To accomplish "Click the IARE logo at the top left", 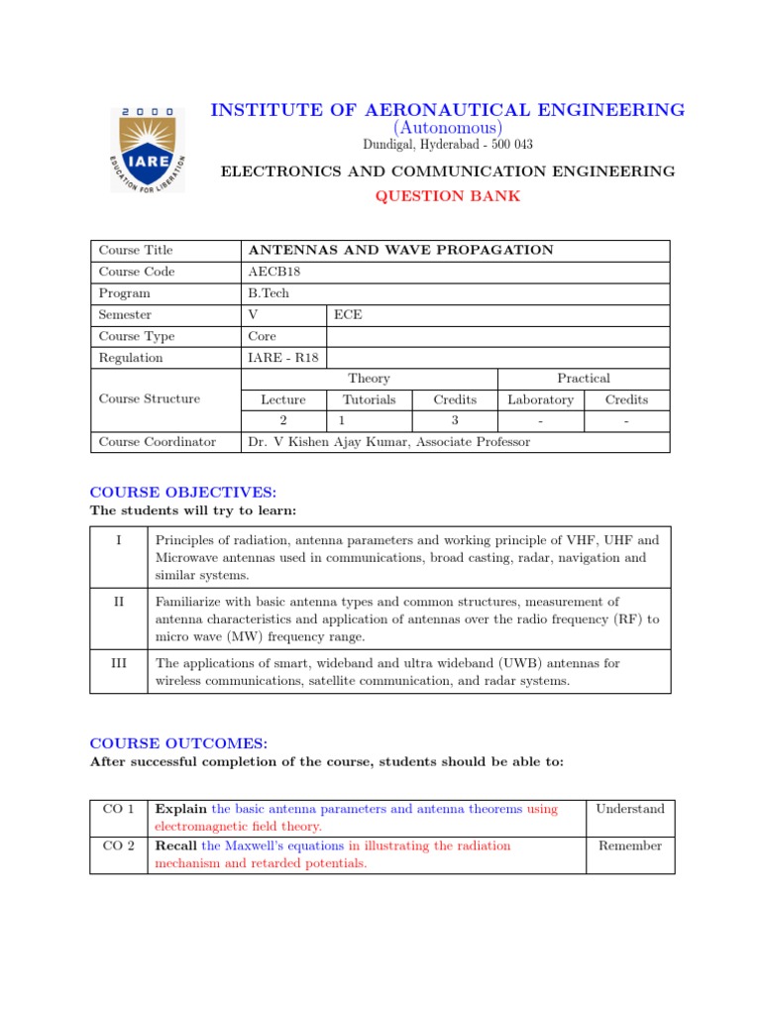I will point(147,150).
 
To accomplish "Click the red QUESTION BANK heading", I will point(447,195).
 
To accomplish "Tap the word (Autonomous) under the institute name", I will point(447,128).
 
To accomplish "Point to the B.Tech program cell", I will point(269,293).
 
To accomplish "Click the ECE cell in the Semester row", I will point(349,314).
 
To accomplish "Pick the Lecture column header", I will point(283,399).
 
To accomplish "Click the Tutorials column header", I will point(369,399).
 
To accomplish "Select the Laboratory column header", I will point(540,399).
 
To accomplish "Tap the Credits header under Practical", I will point(626,399).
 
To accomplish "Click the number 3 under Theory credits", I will point(455,421).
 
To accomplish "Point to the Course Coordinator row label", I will point(157,442).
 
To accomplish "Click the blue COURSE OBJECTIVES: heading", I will point(183,493).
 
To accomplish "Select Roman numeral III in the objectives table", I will point(118,663).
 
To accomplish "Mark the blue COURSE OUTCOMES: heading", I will point(178,742).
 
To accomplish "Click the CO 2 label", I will point(119,846).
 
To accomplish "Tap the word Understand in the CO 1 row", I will point(629,809).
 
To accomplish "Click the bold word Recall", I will point(176,846).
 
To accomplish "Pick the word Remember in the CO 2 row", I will point(629,846).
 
